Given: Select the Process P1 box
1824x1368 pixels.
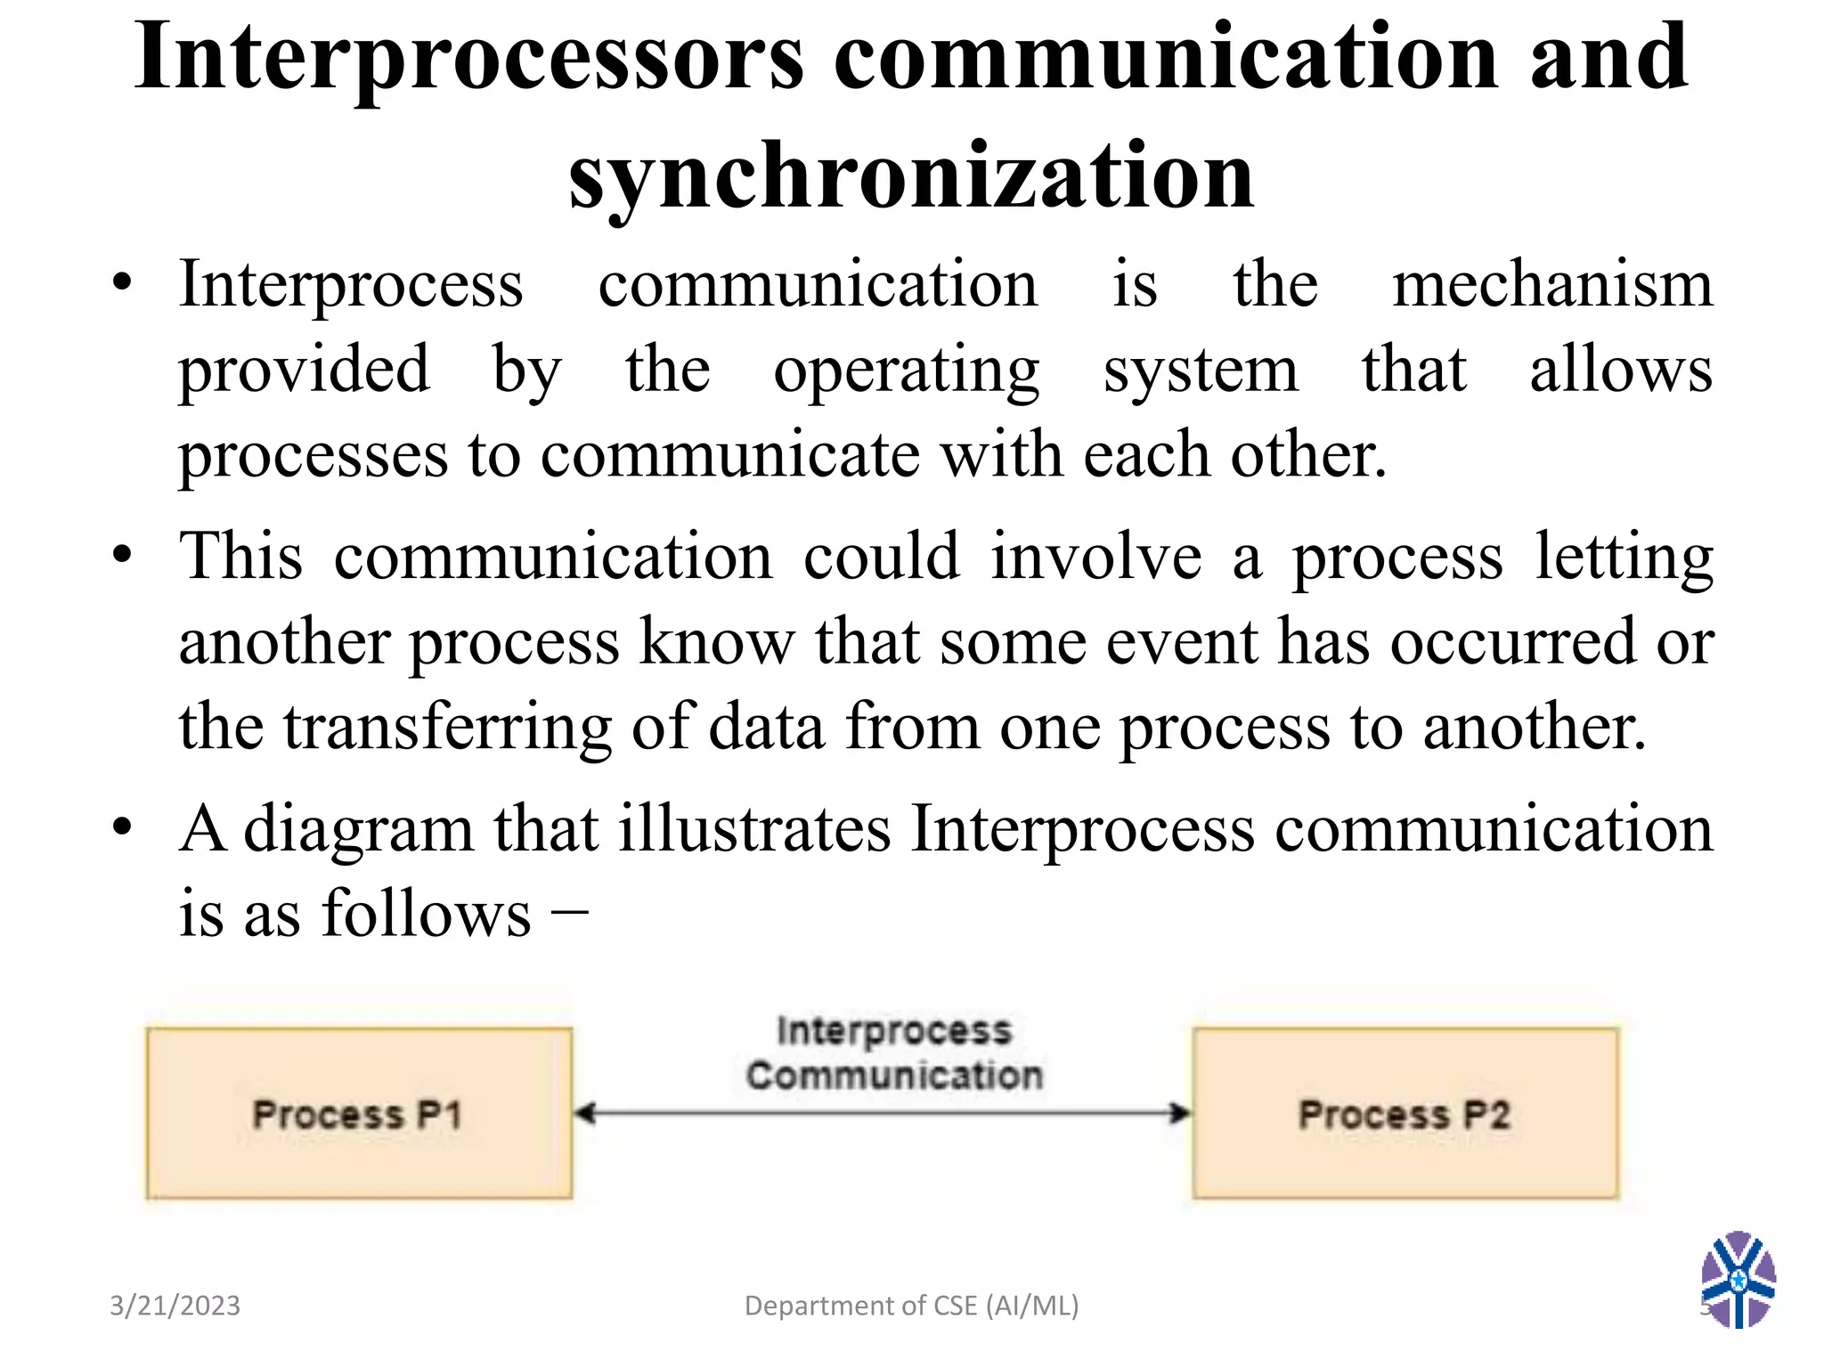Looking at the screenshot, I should click(x=359, y=1113).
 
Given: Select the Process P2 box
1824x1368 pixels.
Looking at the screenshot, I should click(x=1405, y=1113).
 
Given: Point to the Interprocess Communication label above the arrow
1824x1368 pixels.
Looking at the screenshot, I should click(x=894, y=1053).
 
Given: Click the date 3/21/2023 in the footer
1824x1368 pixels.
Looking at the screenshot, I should click(x=175, y=1306).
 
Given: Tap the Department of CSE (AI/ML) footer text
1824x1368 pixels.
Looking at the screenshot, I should click(x=911, y=1306).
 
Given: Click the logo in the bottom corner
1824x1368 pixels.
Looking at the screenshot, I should click(x=1738, y=1279).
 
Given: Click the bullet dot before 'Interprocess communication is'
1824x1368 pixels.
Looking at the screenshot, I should click(x=122, y=284).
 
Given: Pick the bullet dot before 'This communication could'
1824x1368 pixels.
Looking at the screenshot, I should click(x=122, y=557).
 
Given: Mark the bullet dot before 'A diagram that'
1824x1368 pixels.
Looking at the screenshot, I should click(x=122, y=829).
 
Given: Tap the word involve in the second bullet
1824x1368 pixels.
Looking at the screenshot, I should click(x=1096, y=557).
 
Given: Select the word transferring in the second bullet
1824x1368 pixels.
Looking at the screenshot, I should click(x=448, y=727).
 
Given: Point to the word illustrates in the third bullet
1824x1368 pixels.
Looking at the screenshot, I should click(x=754, y=829).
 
